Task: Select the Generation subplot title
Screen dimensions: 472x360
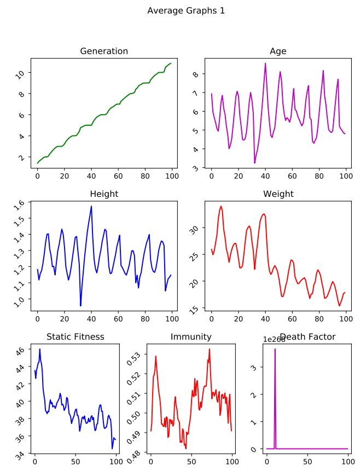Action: pyautogui.click(x=104, y=51)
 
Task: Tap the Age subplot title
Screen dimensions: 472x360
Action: pyautogui.click(x=278, y=51)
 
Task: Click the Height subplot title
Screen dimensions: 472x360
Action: pyautogui.click(x=104, y=194)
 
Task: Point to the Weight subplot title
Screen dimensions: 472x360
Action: pyautogui.click(x=278, y=194)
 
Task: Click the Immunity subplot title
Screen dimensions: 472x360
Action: pyautogui.click(x=190, y=337)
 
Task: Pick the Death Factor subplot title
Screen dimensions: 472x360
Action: pyautogui.click(x=315, y=337)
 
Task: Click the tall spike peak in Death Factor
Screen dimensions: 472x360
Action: pyautogui.click(x=275, y=349)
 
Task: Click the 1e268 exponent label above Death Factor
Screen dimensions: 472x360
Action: pyautogui.click(x=274, y=339)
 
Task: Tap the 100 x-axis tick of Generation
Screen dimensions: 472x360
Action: pyautogui.click(x=172, y=176)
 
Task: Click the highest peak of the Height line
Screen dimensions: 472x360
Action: pyautogui.click(x=91, y=206)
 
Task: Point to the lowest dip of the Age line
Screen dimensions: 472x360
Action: pyautogui.click(x=254, y=162)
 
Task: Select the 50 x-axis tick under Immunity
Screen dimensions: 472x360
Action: pyautogui.click(x=191, y=462)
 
